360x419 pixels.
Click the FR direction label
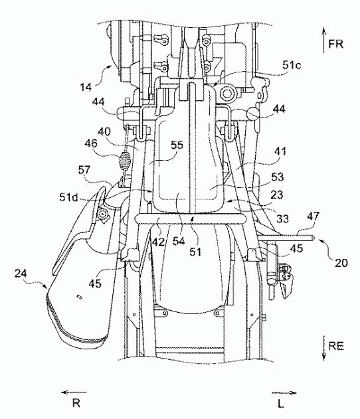coord(336,44)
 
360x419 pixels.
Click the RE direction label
coord(336,347)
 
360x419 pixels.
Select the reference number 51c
coord(292,65)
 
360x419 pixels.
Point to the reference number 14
coord(86,88)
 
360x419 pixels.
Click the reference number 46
coord(91,144)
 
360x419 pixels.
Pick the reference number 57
coord(84,170)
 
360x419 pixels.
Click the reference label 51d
coord(68,198)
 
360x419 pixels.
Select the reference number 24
coord(21,274)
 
